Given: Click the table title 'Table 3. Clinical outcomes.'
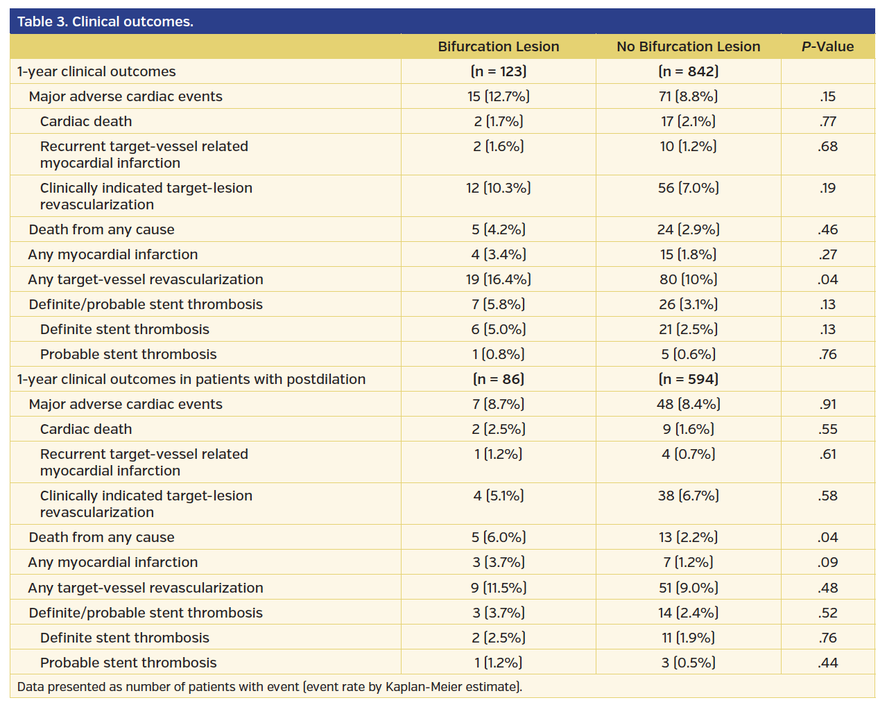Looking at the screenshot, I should tap(105, 21).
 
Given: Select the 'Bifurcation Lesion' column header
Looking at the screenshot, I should tap(498, 46).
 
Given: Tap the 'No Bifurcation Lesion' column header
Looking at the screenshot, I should tap(688, 46).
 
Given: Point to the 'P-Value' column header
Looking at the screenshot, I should tap(827, 46).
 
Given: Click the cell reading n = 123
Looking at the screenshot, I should tap(498, 71).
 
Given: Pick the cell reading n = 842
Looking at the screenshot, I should tap(688, 71).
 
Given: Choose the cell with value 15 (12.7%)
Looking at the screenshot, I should tap(498, 96).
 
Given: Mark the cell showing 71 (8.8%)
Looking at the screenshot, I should tap(688, 96).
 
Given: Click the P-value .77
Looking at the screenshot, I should tap(827, 121).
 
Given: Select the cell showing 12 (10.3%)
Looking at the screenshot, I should tap(498, 188).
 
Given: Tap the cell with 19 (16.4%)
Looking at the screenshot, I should tap(498, 279).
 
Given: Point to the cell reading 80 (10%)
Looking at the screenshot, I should tap(688, 279).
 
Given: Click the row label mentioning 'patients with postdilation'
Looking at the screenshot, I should tap(191, 379).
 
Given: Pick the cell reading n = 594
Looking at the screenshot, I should tap(688, 379).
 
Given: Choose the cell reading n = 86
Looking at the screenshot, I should tap(498, 379).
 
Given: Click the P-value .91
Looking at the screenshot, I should tap(827, 404).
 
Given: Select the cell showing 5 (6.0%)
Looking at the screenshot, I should tap(498, 537).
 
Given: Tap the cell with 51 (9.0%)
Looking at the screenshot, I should tap(688, 588).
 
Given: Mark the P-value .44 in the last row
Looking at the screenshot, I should tap(827, 663).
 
